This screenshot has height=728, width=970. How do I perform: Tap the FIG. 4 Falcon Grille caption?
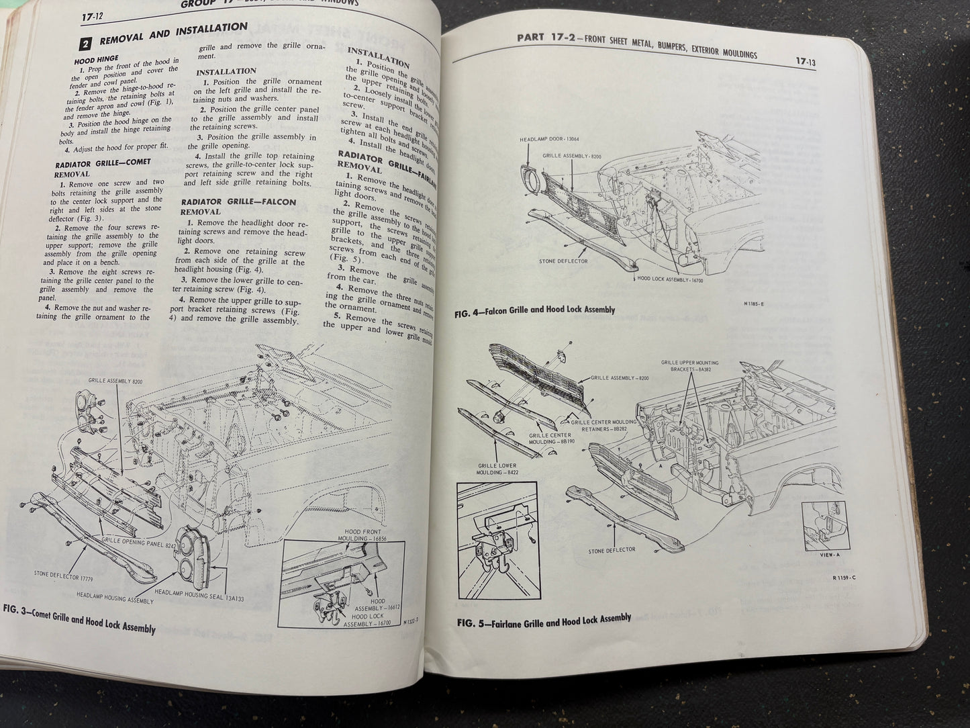tap(535, 310)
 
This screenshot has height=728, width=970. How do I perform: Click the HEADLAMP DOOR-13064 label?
tap(548, 140)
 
